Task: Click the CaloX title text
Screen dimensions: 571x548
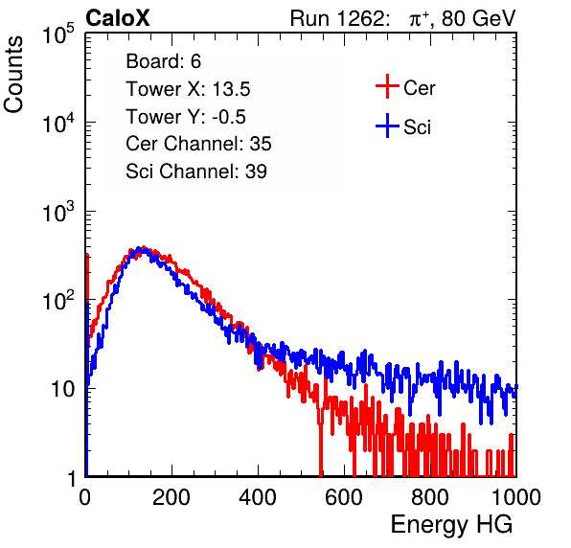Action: coord(118,18)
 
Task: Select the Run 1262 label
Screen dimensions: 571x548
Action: coord(337,18)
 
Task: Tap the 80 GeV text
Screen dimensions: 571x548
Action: coord(479,18)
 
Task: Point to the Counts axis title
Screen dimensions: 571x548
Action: coord(13,75)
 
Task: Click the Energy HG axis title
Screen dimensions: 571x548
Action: coord(451,525)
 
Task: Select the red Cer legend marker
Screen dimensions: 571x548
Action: coord(387,86)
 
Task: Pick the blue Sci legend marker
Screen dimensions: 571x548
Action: coord(387,126)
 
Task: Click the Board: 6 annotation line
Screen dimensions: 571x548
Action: coord(163,61)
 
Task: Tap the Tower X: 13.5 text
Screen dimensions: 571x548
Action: coord(188,89)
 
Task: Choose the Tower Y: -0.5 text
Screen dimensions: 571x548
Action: coord(186,117)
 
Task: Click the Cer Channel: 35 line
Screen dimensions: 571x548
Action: coord(198,144)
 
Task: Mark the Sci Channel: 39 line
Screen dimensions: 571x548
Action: coord(196,171)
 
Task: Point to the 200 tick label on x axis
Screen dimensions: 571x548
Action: coord(171,497)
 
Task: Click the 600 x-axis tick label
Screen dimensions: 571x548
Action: coord(344,497)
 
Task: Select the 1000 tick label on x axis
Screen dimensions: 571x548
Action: coord(516,497)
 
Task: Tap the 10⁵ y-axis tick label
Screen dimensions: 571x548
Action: coord(58,34)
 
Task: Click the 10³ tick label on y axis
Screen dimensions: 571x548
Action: coord(58,212)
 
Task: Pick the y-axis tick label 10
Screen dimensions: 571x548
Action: coord(62,389)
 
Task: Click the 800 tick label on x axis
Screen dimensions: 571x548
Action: coord(430,497)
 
